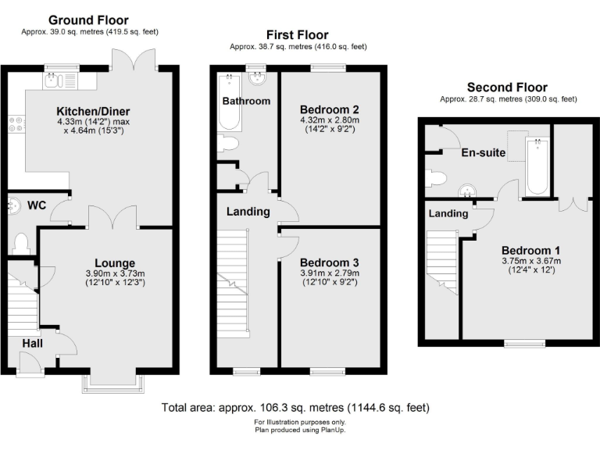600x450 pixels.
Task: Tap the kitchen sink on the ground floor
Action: pos(59,78)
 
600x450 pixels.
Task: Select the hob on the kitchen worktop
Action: pos(15,123)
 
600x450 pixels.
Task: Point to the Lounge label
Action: pos(116,263)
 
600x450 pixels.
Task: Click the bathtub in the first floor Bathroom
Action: pos(230,102)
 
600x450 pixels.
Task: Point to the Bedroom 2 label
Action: pos(329,109)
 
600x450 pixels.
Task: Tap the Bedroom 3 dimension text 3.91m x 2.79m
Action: pos(329,273)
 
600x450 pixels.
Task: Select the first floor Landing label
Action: pos(248,212)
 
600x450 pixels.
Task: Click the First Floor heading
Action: pos(297,35)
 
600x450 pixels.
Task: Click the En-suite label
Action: pos(483,153)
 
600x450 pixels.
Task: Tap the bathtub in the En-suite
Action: pos(537,166)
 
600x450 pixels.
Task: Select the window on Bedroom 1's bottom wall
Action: pos(524,342)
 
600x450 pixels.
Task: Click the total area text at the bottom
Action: pos(295,408)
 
